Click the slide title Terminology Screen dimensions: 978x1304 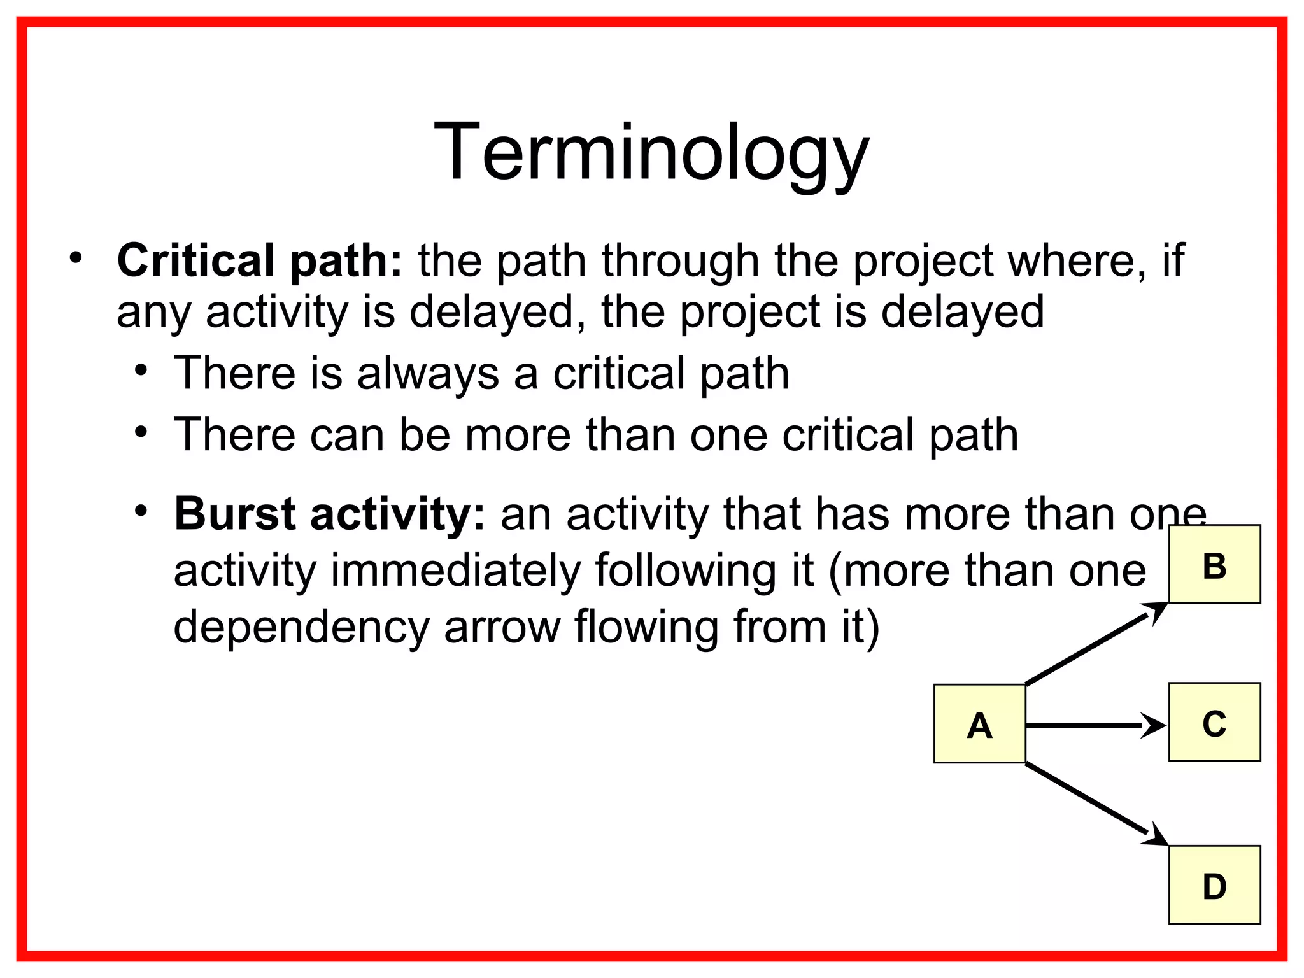click(x=651, y=153)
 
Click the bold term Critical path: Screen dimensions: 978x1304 click(x=260, y=261)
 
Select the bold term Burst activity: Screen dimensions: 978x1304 click(x=329, y=514)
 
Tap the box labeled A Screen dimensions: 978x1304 click(x=979, y=724)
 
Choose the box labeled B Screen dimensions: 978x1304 click(x=1214, y=564)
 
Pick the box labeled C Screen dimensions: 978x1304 click(x=1214, y=722)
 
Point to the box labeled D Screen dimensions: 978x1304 click(x=1214, y=884)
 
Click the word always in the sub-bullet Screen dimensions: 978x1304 click(x=428, y=374)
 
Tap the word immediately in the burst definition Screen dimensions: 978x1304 click(x=456, y=570)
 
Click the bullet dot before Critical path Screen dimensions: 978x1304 click(x=76, y=258)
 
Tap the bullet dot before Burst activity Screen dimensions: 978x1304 click(x=141, y=511)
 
